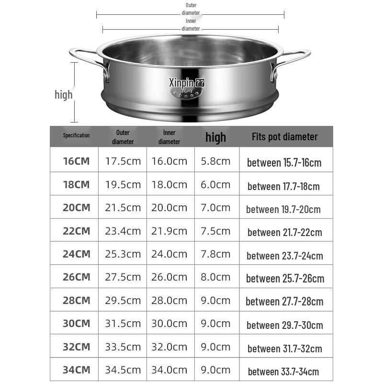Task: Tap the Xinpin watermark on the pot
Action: (186, 82)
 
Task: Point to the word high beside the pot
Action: (63, 94)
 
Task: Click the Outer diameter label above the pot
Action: (191, 9)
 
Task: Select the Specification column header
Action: (76, 135)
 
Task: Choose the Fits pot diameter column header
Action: (284, 137)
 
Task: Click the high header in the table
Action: (215, 137)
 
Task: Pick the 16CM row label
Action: (76, 161)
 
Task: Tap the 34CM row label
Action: (76, 370)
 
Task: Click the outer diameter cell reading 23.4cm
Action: (123, 231)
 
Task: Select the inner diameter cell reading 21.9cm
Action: (169, 231)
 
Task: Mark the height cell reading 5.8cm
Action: (215, 161)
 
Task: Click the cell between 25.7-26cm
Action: (285, 278)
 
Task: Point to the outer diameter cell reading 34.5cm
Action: (123, 370)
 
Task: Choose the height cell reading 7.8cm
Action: (215, 254)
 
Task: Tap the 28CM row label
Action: (76, 301)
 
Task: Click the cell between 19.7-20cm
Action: (283, 209)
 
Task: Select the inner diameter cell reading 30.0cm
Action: (169, 324)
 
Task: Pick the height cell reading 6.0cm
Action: (215, 184)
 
